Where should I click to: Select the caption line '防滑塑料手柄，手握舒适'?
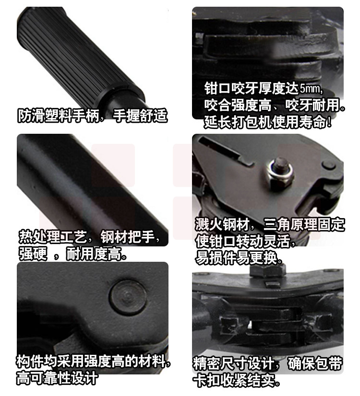point(93,116)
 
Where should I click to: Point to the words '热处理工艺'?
point(53,237)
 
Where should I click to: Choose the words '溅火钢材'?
point(222,224)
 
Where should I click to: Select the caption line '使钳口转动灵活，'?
point(245,241)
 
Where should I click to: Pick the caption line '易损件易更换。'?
point(239,257)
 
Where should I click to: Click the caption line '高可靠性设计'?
point(57,378)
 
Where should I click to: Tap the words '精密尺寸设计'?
point(234,363)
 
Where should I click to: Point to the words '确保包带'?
point(315,363)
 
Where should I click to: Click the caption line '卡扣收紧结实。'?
point(237,380)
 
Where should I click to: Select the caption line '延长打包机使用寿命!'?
point(267,122)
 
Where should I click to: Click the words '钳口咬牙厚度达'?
point(252,88)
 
